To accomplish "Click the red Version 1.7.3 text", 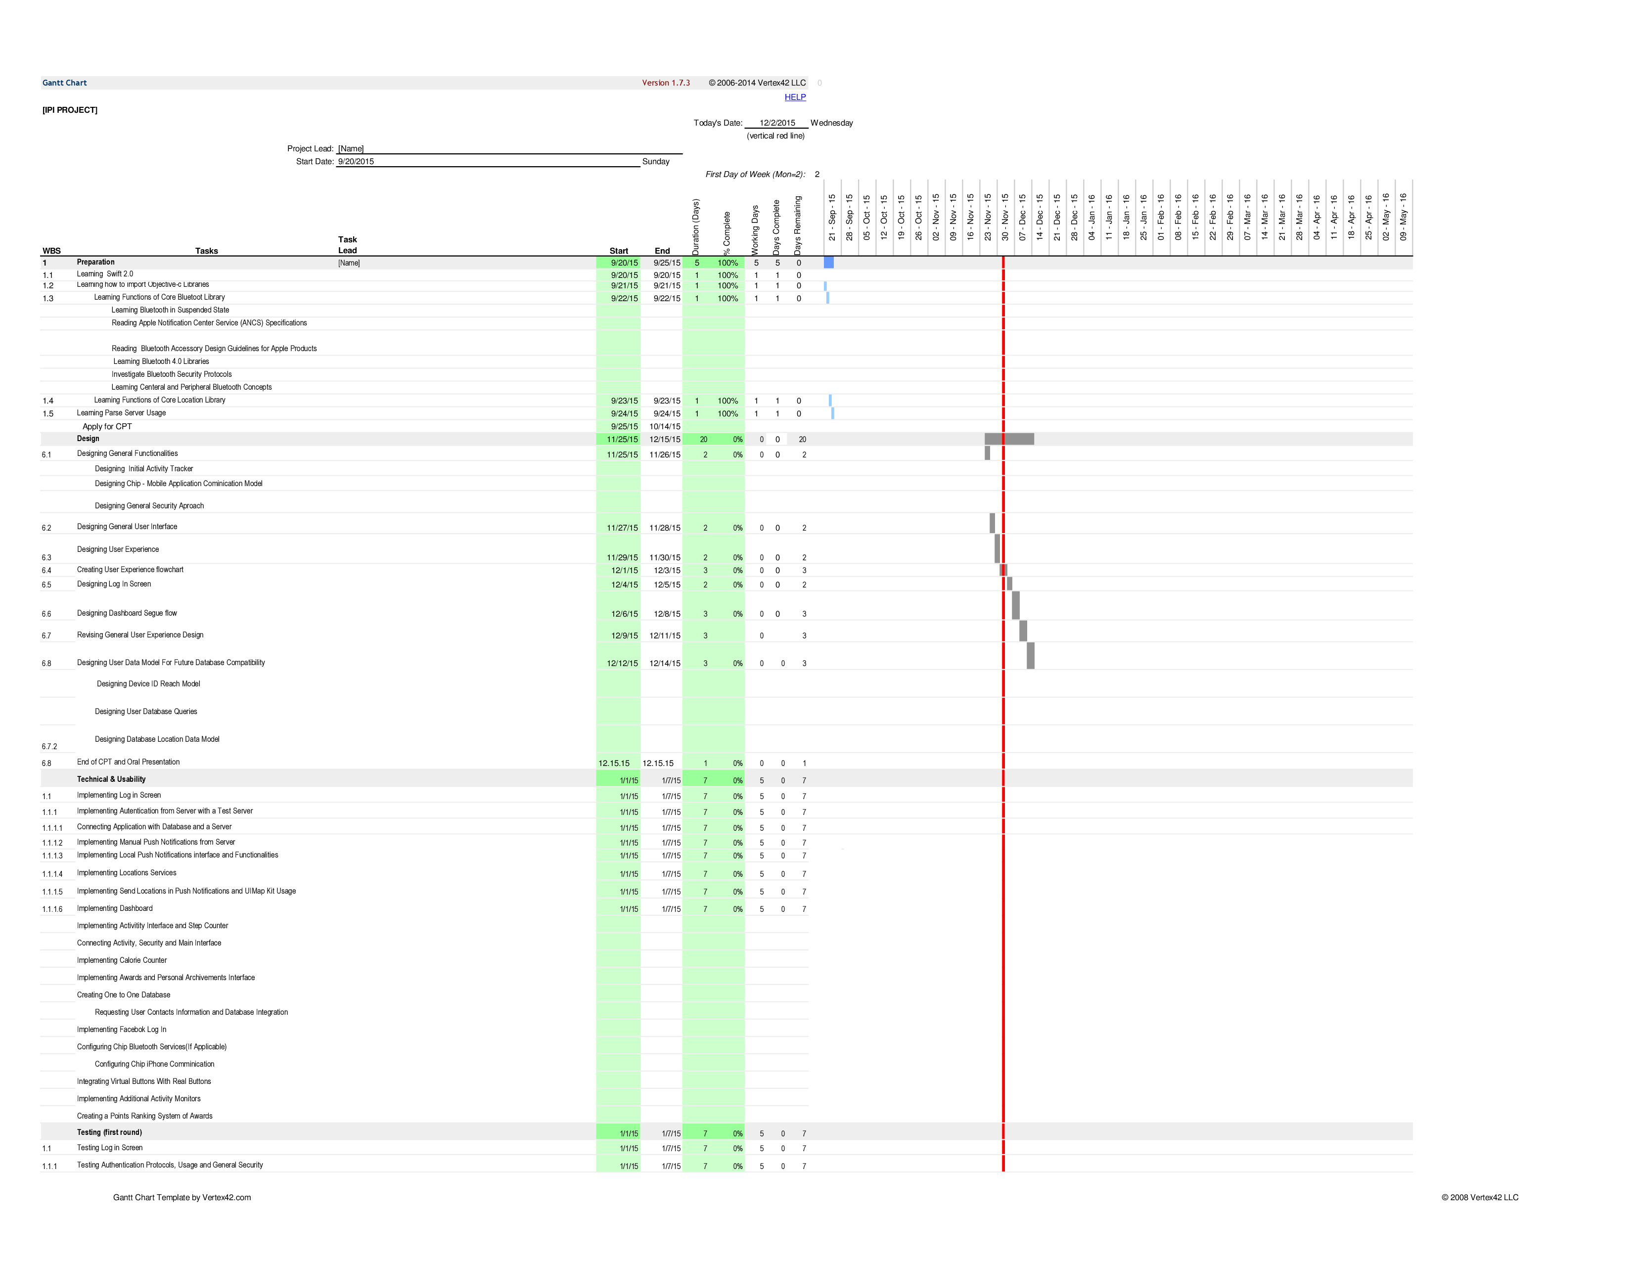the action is click(x=666, y=83).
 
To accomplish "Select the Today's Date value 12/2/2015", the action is click(x=777, y=123).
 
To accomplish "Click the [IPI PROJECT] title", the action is click(x=70, y=110).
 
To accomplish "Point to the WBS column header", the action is click(x=51, y=251).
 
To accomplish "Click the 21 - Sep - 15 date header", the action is click(x=832, y=218).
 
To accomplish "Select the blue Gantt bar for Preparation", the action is click(x=829, y=262).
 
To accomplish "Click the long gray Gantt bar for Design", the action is click(x=1009, y=439).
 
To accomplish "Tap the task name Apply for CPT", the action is click(x=107, y=427).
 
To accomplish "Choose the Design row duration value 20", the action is click(x=703, y=439).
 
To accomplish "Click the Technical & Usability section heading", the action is click(x=111, y=779).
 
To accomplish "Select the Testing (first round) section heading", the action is click(x=109, y=1132).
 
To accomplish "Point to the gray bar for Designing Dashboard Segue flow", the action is click(x=1015, y=605).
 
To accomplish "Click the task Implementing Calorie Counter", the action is click(x=122, y=960).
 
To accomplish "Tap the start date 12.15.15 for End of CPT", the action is click(x=614, y=764).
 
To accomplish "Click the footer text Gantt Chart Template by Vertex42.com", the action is click(x=181, y=1198).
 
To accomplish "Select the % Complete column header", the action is click(x=727, y=233).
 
